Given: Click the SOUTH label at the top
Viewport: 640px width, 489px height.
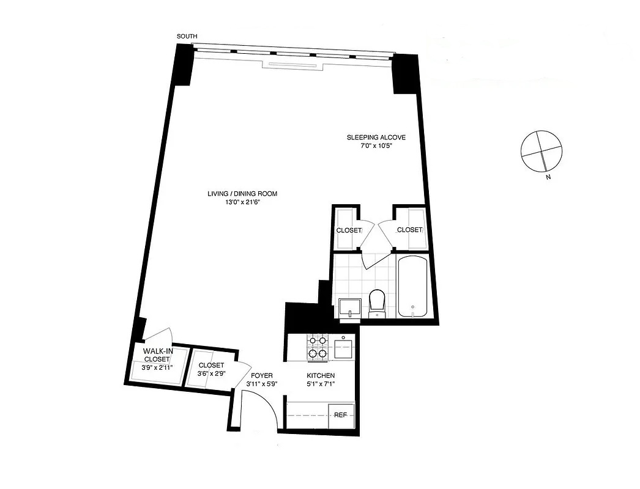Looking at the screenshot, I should (187, 37).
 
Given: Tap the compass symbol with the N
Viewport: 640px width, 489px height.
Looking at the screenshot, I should (540, 151).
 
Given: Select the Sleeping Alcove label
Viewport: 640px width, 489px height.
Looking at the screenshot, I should (375, 138).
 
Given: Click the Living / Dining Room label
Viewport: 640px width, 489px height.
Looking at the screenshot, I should (242, 194).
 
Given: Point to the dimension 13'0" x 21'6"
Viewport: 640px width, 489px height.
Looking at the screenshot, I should (242, 203).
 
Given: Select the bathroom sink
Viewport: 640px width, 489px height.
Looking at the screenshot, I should (349, 307).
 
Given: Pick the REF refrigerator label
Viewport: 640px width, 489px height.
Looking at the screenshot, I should (341, 415).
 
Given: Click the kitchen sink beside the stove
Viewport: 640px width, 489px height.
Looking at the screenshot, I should (343, 349).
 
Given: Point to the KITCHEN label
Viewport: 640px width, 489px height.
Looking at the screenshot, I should (321, 375).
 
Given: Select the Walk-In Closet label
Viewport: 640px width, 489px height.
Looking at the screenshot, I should (156, 355).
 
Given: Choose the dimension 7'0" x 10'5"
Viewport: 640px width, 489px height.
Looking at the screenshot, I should (375, 147).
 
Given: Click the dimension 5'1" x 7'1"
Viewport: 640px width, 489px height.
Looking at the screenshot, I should (321, 384).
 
